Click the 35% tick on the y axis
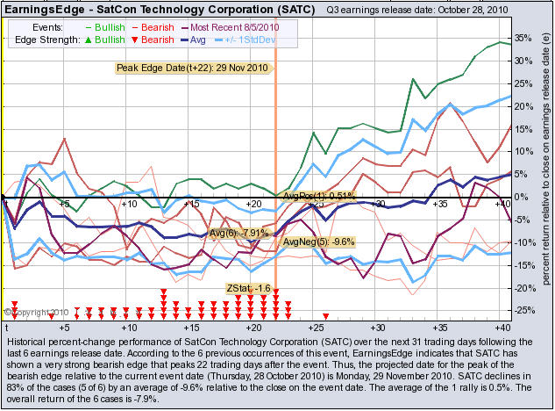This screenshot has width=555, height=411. tap(518, 38)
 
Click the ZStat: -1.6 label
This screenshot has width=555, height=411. tap(248, 288)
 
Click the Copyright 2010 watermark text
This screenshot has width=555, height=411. tap(36, 311)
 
